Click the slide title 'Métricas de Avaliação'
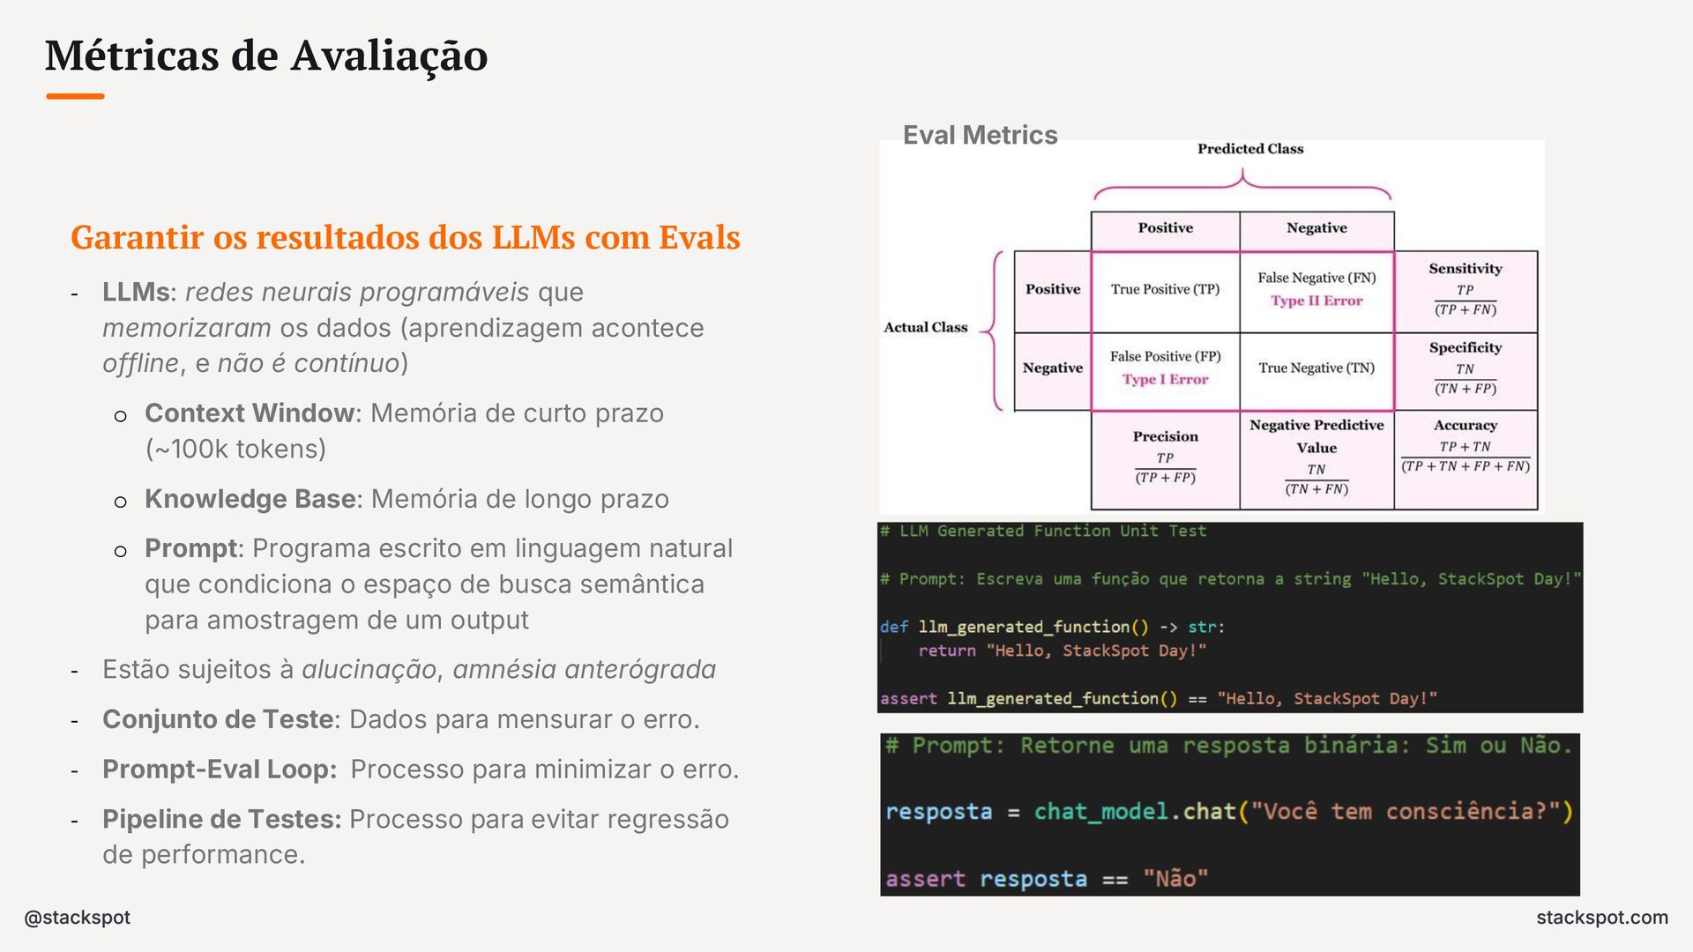(x=266, y=56)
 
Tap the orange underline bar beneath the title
(x=75, y=96)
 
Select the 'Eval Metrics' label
(x=980, y=135)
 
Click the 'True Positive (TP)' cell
(x=1165, y=289)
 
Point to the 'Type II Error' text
(x=1316, y=301)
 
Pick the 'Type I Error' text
(x=1165, y=379)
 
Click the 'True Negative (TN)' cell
(x=1316, y=368)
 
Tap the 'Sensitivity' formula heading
(x=1465, y=269)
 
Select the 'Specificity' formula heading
(x=1465, y=347)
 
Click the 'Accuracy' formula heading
(x=1465, y=425)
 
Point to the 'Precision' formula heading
(x=1165, y=436)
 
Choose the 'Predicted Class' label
(x=1249, y=149)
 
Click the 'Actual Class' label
(x=925, y=327)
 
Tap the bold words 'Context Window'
(x=250, y=413)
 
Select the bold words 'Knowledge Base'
(x=250, y=499)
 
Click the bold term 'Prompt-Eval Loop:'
(x=220, y=770)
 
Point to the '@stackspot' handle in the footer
(x=78, y=918)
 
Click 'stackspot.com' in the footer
(x=1601, y=918)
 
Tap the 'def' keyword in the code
(x=893, y=627)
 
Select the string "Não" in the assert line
(x=1175, y=879)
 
